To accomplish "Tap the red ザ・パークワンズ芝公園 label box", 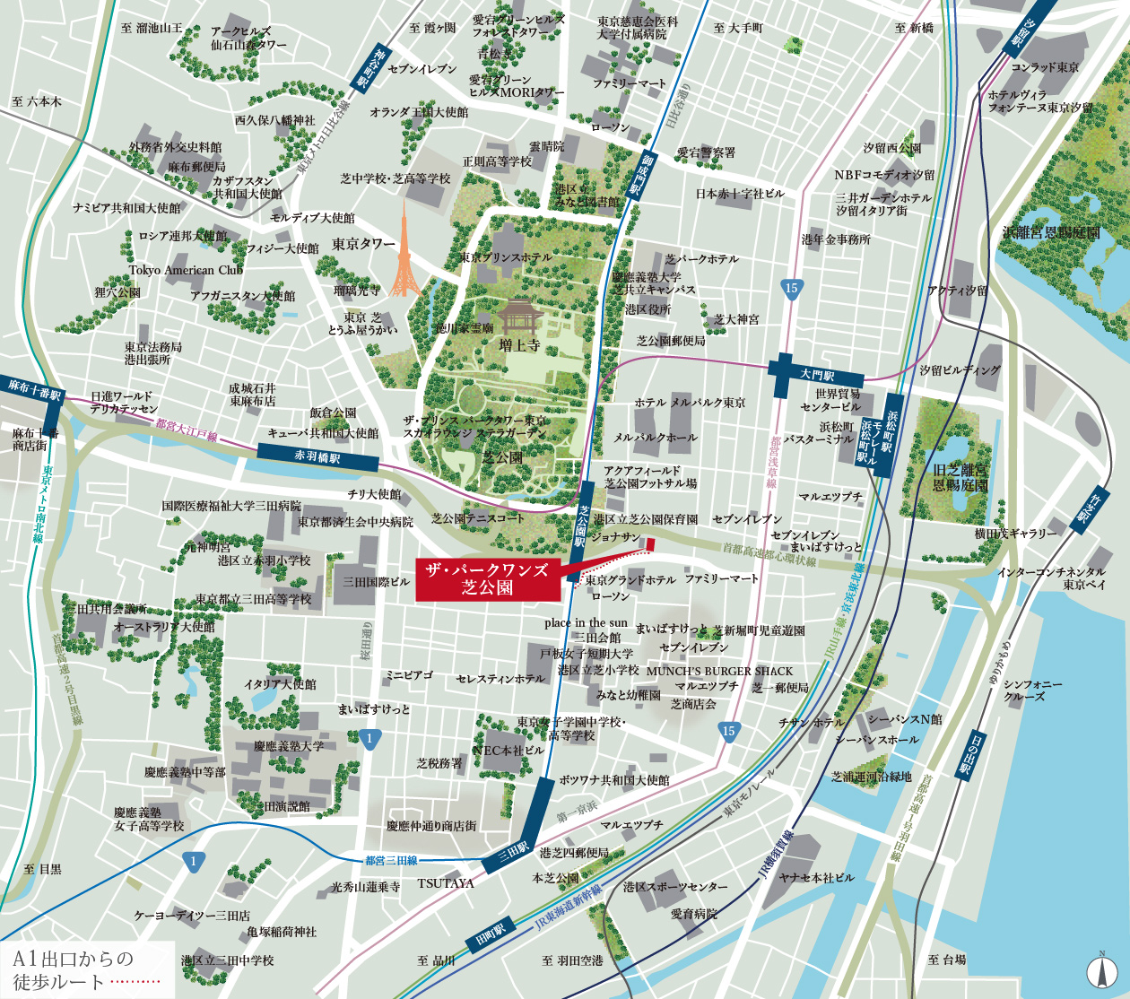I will click(487, 578).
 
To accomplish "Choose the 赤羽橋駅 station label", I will click(317, 457).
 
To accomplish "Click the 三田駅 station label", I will click(515, 848).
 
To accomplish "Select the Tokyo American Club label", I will click(186, 270).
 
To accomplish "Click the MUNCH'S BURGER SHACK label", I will click(719, 671).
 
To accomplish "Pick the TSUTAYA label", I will click(445, 883).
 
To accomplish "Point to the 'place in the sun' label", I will click(586, 622).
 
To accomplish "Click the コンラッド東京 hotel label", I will click(1045, 67).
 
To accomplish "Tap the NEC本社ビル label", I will click(508, 750).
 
